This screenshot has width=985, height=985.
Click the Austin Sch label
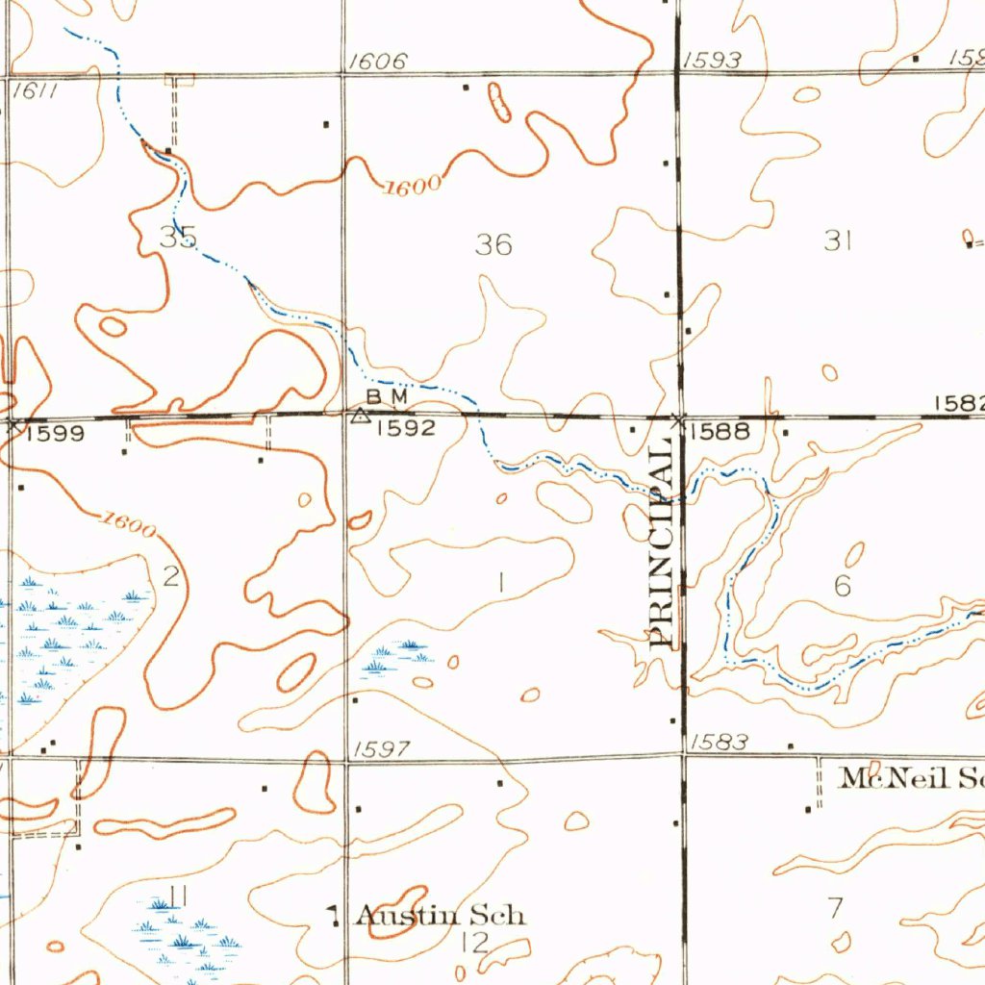click(x=442, y=915)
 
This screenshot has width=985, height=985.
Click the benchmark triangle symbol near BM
click(x=360, y=417)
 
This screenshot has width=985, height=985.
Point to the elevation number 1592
click(x=406, y=428)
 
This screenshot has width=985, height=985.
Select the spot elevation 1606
click(x=377, y=63)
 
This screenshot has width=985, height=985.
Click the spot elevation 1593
click(x=712, y=62)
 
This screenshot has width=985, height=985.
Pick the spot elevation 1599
click(x=55, y=434)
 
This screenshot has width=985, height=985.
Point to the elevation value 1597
click(x=382, y=749)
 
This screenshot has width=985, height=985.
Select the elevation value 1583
click(x=719, y=742)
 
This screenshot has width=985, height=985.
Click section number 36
click(x=493, y=245)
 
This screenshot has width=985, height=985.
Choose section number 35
click(x=178, y=237)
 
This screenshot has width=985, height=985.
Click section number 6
click(x=843, y=585)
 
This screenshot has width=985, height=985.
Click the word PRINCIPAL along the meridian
click(x=661, y=544)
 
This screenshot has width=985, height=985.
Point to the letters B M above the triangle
click(x=388, y=396)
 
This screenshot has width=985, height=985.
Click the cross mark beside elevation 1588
click(x=679, y=419)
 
